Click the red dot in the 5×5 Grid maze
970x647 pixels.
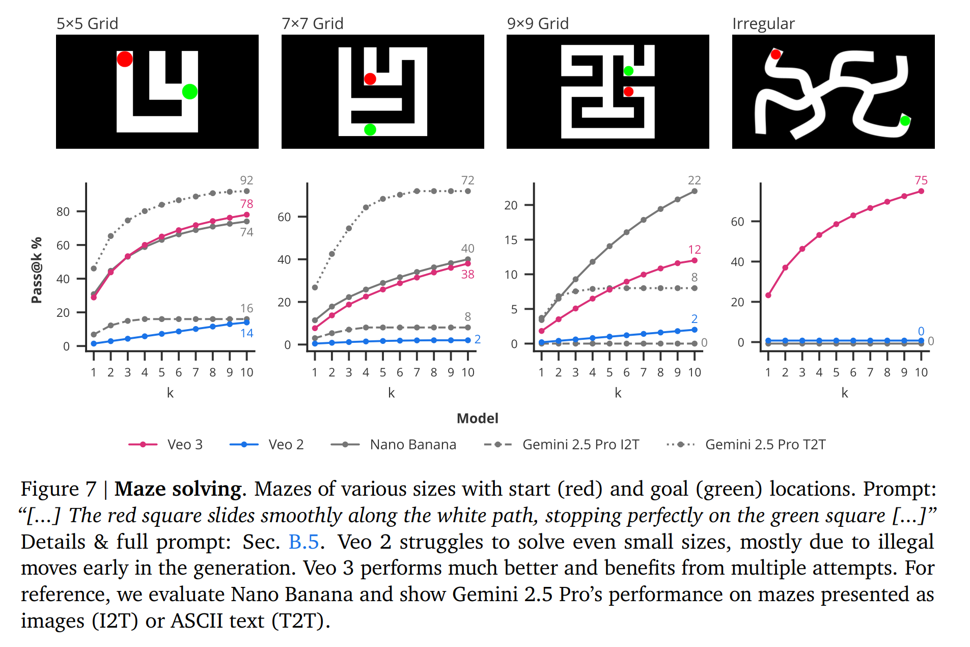[125, 59]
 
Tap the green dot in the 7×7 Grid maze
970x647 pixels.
[370, 130]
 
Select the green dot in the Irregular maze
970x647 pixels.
[905, 121]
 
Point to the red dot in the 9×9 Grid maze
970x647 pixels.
[628, 92]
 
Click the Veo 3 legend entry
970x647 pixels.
[166, 445]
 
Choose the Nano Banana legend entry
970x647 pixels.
[394, 445]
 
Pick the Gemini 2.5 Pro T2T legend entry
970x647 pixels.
[746, 445]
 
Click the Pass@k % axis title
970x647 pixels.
[37, 271]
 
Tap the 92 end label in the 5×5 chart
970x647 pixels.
[246, 180]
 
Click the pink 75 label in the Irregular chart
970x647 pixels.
[921, 180]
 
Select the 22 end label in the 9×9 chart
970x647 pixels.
[695, 180]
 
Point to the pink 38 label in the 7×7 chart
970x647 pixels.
[467, 275]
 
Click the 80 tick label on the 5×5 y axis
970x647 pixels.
[63, 211]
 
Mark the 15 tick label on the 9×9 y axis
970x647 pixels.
[511, 240]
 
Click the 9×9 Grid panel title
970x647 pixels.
[538, 23]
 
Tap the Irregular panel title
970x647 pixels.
[763, 23]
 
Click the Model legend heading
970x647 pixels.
[477, 418]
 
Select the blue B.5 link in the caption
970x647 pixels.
[303, 542]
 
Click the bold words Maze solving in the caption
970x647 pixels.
[178, 489]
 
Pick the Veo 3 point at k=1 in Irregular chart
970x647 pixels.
[768, 295]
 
